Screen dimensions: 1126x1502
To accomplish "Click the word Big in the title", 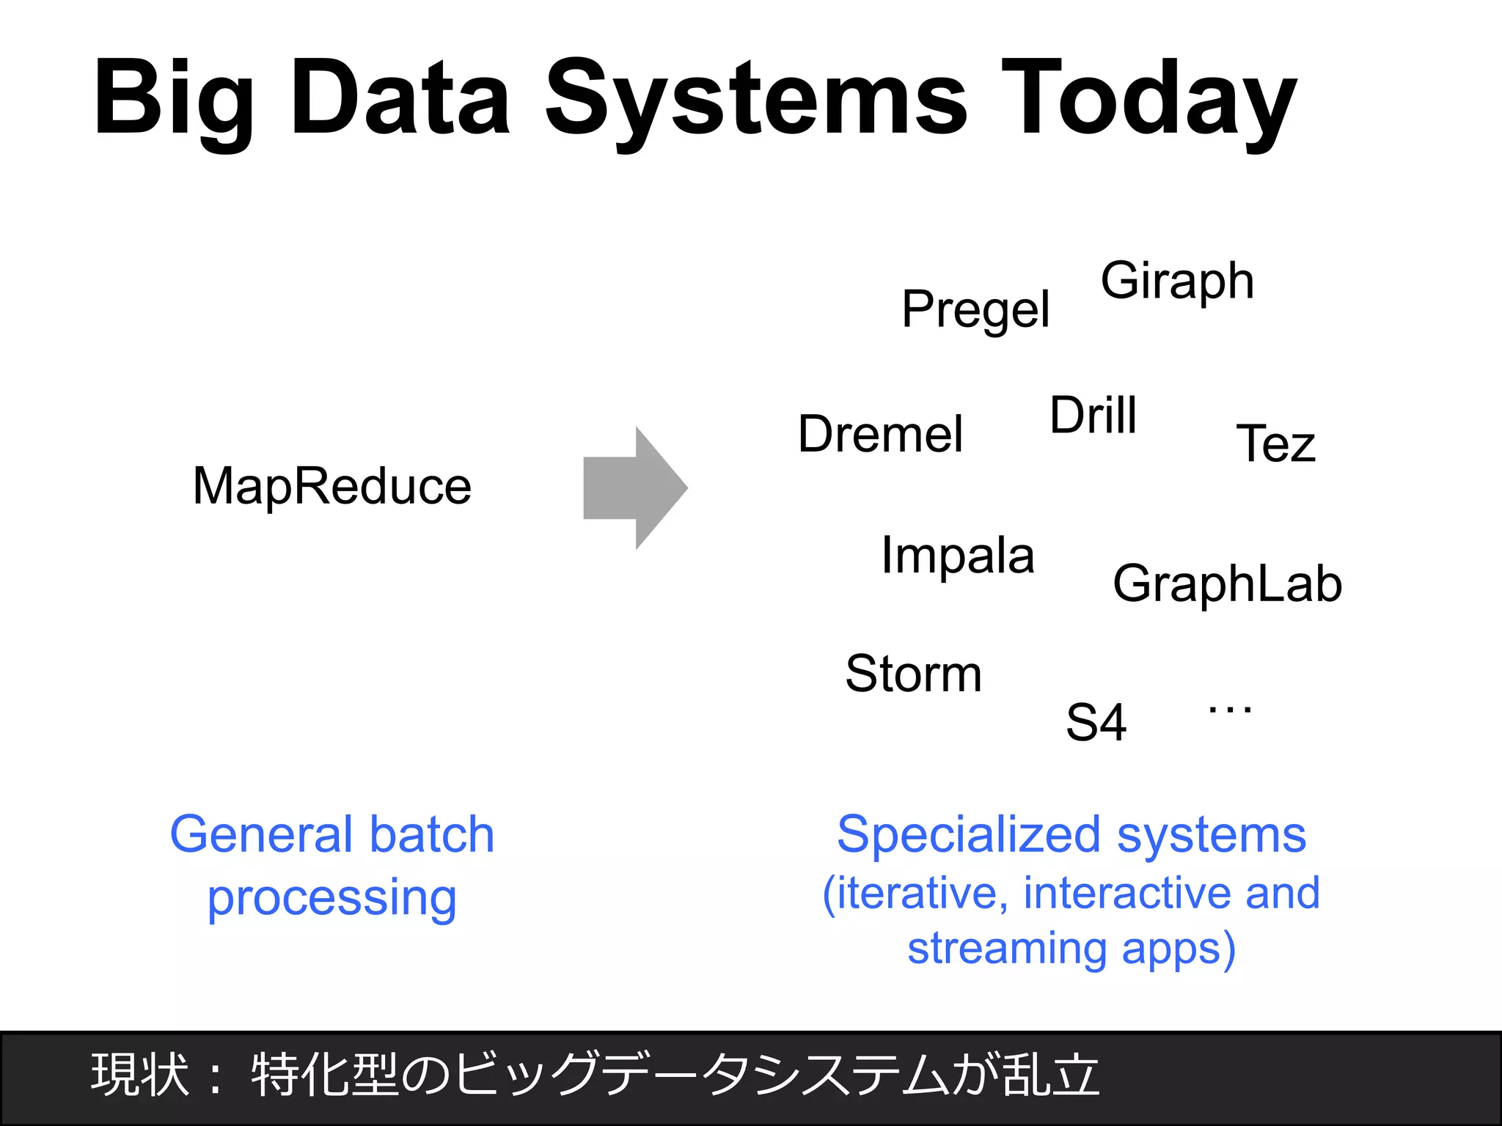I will pyautogui.click(x=174, y=99).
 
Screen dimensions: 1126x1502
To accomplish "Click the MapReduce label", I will pyautogui.click(x=331, y=486).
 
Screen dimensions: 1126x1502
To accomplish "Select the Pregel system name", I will pyautogui.click(x=975, y=309).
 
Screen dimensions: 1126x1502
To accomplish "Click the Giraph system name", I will pyautogui.click(x=1177, y=281).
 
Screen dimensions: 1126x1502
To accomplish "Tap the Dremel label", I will pyautogui.click(x=880, y=434).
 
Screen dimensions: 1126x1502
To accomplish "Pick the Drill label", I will pyautogui.click(x=1093, y=415).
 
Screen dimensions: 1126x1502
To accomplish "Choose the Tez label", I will pyautogui.click(x=1275, y=444).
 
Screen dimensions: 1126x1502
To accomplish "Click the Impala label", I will pyautogui.click(x=957, y=556).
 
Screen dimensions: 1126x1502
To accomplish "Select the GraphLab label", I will pyautogui.click(x=1227, y=584).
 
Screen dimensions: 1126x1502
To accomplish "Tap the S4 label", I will pyautogui.click(x=1096, y=723).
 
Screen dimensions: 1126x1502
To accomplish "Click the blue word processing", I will pyautogui.click(x=331, y=899).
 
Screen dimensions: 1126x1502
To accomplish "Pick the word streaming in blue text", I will pyautogui.click(x=1007, y=948).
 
